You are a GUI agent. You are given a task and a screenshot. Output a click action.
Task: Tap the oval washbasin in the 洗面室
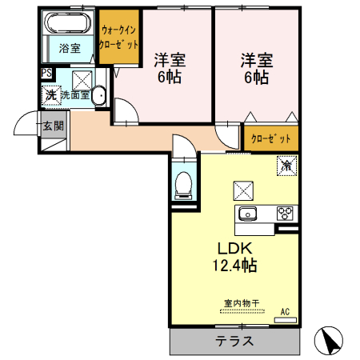[98, 96]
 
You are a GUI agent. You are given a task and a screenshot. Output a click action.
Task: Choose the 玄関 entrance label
[53, 125]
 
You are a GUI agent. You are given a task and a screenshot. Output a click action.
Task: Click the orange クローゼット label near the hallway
[271, 138]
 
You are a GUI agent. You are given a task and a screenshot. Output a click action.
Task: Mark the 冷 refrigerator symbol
[286, 166]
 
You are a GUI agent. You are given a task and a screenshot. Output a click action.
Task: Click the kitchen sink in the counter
[247, 213]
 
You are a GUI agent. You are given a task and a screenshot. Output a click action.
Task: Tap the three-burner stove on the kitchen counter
[286, 213]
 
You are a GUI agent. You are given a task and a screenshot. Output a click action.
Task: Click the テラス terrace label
[234, 340]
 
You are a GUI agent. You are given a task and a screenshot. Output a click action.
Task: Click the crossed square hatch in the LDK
[242, 190]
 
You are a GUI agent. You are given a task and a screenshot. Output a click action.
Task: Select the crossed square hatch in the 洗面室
[82, 79]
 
